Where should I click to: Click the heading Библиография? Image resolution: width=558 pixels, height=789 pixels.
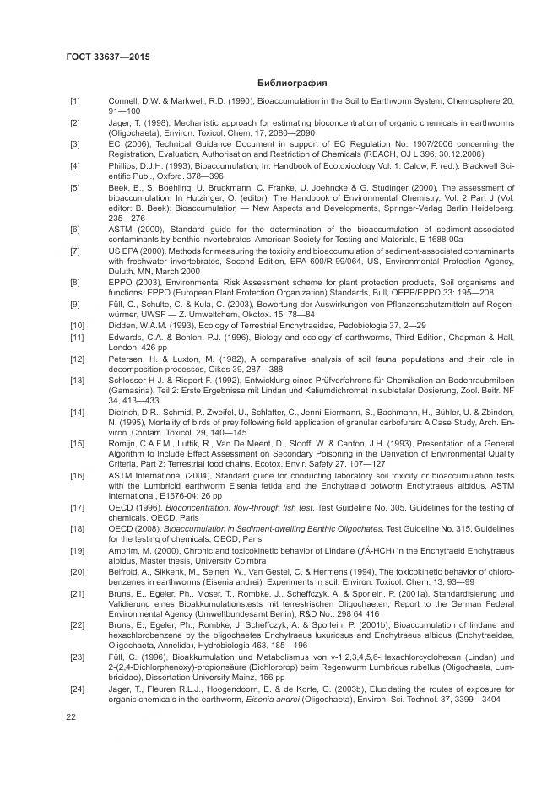pos(291,83)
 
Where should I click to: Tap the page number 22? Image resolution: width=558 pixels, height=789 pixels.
pos(72,717)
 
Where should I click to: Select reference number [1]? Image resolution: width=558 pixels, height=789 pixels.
pos(74,101)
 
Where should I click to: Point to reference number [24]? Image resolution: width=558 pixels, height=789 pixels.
pos(76,689)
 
